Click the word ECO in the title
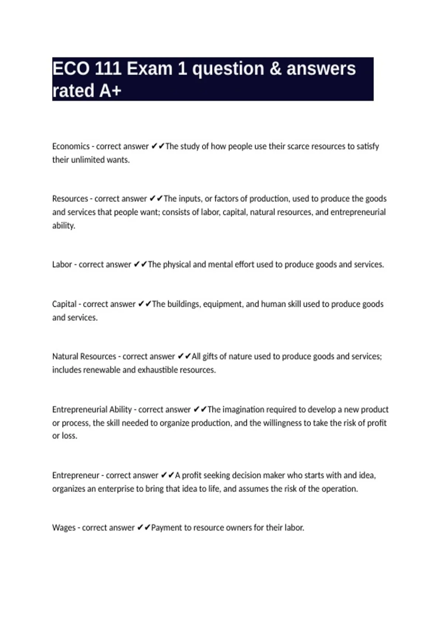tap(71, 69)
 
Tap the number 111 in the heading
tap(108, 69)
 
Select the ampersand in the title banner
tap(275, 69)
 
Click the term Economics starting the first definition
tap(71, 146)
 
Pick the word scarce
tap(298, 146)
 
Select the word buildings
tap(183, 304)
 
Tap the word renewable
tap(102, 370)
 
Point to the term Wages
tap(63, 528)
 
